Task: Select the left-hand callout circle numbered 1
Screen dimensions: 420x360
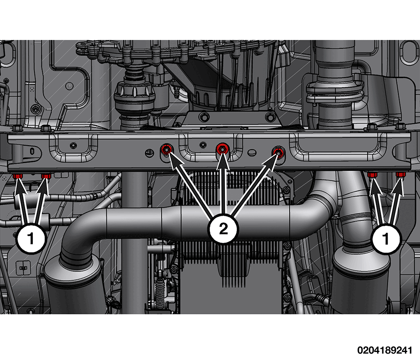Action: pyautogui.click(x=30, y=238)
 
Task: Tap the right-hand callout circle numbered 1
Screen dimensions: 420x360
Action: pyautogui.click(x=386, y=238)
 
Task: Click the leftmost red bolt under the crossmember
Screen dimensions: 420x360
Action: pyautogui.click(x=18, y=176)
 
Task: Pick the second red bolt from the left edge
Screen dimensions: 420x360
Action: pyautogui.click(x=46, y=176)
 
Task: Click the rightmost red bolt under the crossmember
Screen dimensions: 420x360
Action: pyautogui.click(x=400, y=175)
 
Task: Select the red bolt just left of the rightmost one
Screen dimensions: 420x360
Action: pyautogui.click(x=372, y=175)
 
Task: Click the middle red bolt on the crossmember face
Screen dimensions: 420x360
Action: pyautogui.click(x=222, y=148)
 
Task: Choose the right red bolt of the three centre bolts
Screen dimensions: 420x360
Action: pyautogui.click(x=278, y=152)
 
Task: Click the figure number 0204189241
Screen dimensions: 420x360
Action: pyautogui.click(x=384, y=350)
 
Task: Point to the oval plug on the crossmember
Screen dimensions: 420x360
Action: pyautogui.click(x=252, y=153)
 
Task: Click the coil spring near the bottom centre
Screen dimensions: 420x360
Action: pyautogui.click(x=160, y=292)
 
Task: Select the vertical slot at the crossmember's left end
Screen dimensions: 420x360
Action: pyautogui.click(x=32, y=151)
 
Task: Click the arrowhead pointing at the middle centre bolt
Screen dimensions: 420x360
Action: pyautogui.click(x=222, y=161)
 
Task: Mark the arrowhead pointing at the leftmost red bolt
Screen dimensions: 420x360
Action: pyautogui.click(x=19, y=186)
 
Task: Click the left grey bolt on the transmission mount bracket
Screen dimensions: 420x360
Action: pyautogui.click(x=204, y=116)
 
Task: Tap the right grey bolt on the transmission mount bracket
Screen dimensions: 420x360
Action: pyautogui.click(x=270, y=116)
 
